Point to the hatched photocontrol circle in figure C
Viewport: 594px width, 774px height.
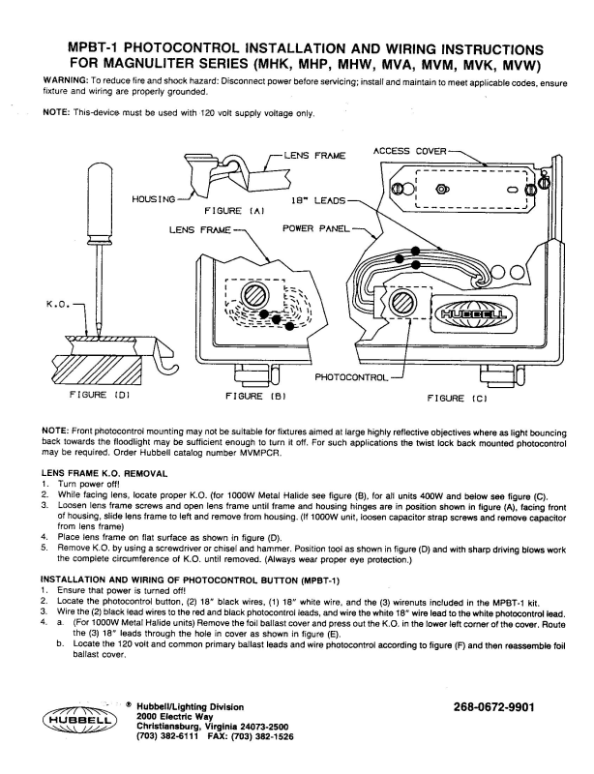click(x=400, y=309)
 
